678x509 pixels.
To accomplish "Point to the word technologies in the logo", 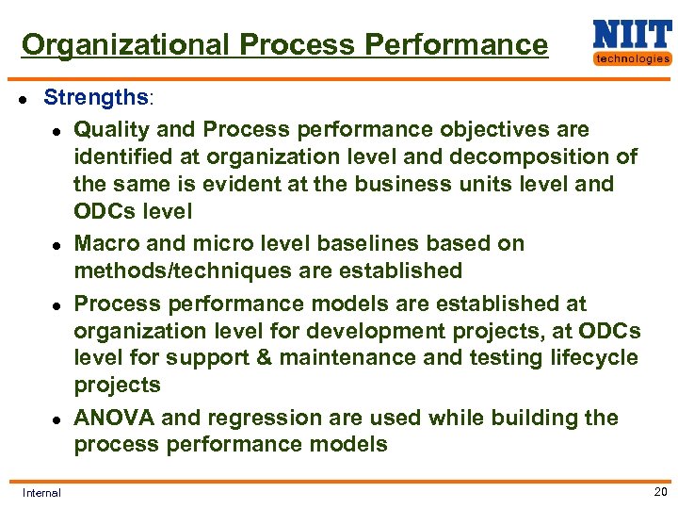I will [632, 58].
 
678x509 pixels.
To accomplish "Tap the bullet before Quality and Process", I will [57, 130].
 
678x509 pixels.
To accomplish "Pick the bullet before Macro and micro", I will [57, 244].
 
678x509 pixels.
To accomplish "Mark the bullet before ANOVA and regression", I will [57, 419].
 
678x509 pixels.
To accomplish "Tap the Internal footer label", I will [41, 492].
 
